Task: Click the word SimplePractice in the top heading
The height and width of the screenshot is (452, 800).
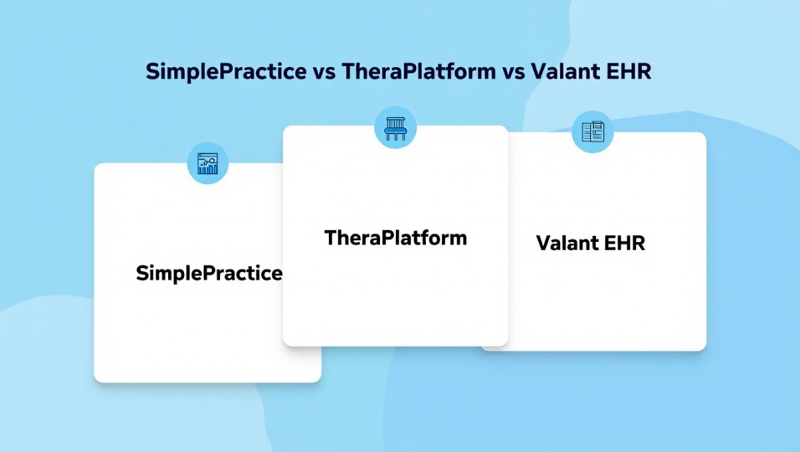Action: click(226, 71)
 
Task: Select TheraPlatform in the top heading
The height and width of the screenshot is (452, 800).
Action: click(419, 71)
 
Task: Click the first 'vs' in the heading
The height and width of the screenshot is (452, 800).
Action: click(324, 72)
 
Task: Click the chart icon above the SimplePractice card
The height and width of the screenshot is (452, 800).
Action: click(208, 162)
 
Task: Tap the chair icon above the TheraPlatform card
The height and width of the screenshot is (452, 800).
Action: click(395, 127)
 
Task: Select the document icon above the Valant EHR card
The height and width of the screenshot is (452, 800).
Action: click(592, 132)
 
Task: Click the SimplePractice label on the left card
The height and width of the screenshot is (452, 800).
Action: click(209, 273)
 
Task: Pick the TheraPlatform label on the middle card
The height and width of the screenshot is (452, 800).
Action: click(395, 237)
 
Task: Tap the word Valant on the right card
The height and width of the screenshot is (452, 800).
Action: click(564, 244)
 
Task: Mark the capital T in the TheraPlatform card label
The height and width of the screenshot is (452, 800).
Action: click(330, 237)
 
